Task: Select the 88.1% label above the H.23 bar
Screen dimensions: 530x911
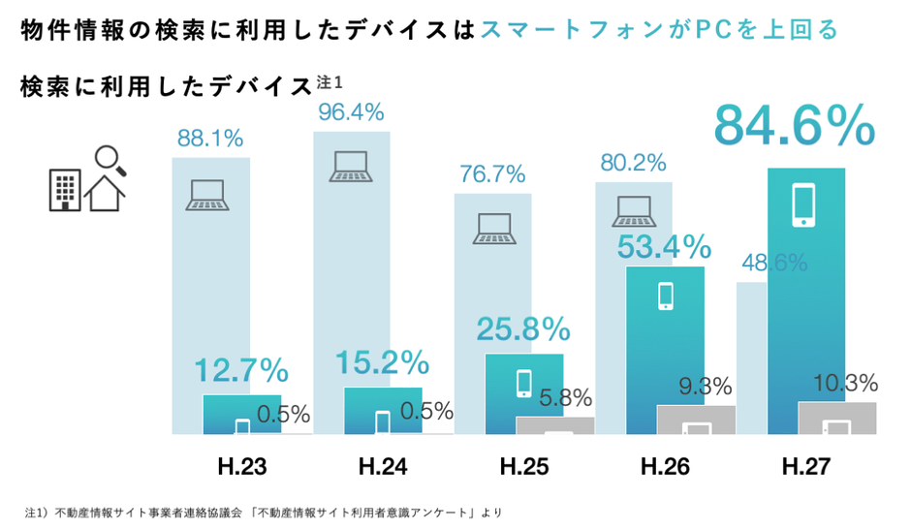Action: [x=209, y=139]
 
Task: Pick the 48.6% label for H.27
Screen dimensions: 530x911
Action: [x=774, y=263]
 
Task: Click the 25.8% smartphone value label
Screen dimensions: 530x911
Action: [x=522, y=329]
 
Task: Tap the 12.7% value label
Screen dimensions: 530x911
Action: [x=240, y=370]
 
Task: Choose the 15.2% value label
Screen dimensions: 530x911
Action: [x=382, y=362]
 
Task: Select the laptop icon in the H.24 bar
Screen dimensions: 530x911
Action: [x=350, y=167]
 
